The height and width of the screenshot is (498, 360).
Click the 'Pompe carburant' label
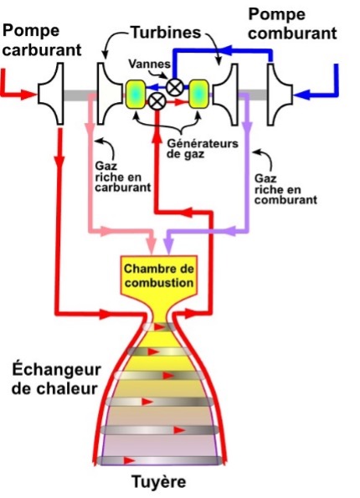[42, 41]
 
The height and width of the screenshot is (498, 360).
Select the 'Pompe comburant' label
[292, 24]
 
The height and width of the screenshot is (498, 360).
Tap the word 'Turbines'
[166, 33]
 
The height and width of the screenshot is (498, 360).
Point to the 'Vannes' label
[149, 64]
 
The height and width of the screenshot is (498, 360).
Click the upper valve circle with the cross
[175, 87]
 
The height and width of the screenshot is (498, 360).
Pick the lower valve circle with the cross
[157, 101]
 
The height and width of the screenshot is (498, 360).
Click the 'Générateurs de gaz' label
[203, 148]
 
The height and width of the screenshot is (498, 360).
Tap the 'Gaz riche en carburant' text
[122, 177]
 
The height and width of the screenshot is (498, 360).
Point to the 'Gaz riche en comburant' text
[285, 189]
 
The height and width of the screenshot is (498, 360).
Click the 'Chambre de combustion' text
[159, 275]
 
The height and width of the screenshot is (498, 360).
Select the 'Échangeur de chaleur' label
[56, 379]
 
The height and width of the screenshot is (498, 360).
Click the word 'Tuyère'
[159, 482]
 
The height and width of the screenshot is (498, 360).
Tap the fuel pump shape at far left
[51, 94]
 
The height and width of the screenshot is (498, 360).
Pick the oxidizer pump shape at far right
[280, 95]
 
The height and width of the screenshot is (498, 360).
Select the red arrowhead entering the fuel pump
[29, 95]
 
